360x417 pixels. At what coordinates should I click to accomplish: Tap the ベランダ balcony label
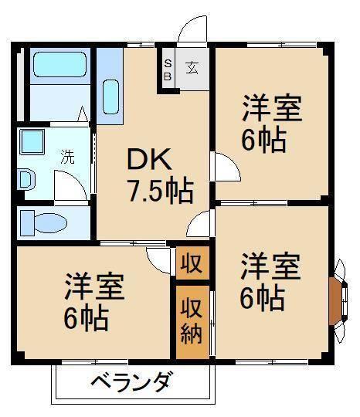tap(131, 381)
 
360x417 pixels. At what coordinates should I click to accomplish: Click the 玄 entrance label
tap(191, 67)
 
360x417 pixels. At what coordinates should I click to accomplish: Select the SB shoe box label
tap(166, 70)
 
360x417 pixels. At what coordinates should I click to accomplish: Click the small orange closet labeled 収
tap(191, 263)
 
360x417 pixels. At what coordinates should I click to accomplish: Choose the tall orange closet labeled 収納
tap(192, 320)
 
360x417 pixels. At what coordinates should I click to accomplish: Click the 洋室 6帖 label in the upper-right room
tap(270, 124)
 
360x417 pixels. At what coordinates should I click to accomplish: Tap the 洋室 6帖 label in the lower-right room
tap(270, 282)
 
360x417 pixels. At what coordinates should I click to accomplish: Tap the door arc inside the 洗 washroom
tap(74, 185)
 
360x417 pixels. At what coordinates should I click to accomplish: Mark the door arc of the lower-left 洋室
tap(158, 259)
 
